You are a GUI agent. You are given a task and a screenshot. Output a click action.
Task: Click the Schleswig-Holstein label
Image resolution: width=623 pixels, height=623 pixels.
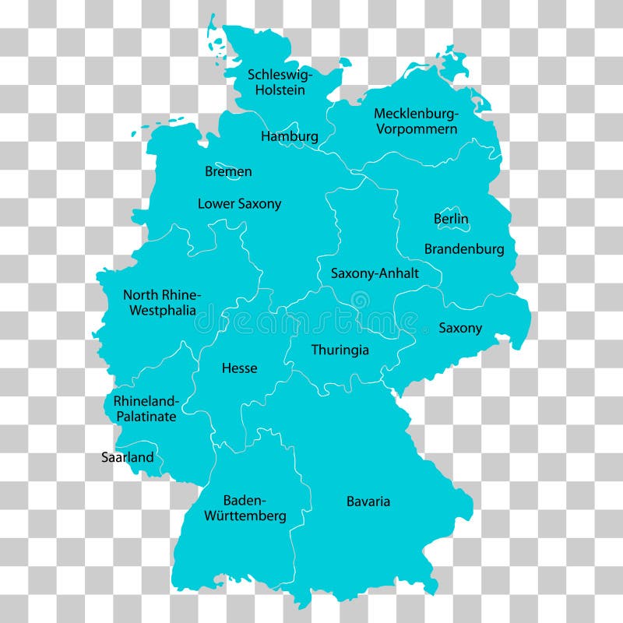[280, 82]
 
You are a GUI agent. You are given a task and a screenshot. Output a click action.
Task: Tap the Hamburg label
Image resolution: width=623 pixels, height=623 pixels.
[289, 136]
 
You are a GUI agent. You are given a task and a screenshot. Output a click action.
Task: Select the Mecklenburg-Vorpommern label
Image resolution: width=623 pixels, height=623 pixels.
[416, 121]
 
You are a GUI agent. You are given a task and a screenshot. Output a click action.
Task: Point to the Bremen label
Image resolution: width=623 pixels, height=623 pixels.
[228, 171]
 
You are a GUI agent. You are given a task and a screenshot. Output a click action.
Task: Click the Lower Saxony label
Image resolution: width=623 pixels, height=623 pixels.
[239, 204]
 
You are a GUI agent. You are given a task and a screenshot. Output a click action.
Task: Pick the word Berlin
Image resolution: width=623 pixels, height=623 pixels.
[451, 219]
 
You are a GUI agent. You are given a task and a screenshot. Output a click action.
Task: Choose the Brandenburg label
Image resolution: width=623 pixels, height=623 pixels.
[464, 249]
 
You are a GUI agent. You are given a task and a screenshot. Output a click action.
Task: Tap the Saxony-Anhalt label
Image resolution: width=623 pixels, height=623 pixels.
[375, 273]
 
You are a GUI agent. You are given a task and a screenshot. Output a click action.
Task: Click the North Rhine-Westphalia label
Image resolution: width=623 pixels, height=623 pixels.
[161, 302]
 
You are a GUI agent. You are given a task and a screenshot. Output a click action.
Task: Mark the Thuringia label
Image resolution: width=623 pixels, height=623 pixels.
[340, 350]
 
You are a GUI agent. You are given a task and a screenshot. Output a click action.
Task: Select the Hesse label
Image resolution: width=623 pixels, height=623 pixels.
[239, 368]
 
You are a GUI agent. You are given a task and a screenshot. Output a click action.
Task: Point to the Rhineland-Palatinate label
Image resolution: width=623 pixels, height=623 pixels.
[146, 409]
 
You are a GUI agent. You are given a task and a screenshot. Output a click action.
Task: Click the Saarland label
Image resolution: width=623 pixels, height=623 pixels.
[128, 457]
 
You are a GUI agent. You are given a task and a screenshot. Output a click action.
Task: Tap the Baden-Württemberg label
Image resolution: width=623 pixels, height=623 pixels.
[245, 508]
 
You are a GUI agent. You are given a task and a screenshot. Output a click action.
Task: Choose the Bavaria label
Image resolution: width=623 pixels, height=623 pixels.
[368, 502]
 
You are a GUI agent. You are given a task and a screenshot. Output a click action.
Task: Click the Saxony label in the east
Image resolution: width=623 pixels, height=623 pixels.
[460, 328]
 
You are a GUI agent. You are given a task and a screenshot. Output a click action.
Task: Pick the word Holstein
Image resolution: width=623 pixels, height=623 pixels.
[280, 90]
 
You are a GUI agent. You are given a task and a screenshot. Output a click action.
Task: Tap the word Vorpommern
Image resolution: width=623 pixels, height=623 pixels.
[417, 128]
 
